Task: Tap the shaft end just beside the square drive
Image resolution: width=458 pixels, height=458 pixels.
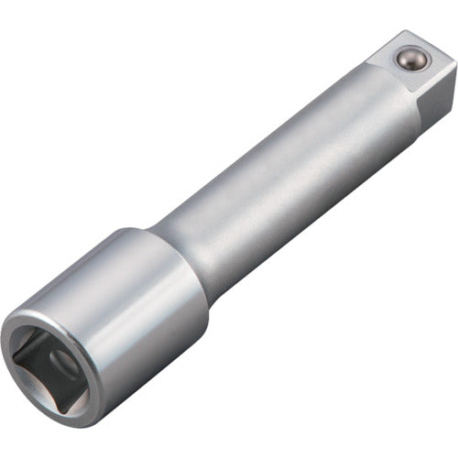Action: (x=362, y=101)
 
